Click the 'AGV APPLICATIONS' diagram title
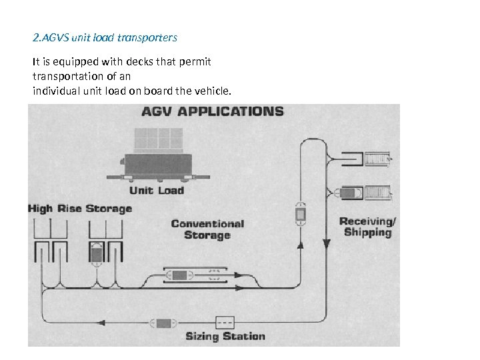point(212,112)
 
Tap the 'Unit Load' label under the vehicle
point(157,191)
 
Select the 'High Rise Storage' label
point(80,209)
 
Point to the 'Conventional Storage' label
point(207,229)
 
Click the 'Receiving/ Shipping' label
point(367,227)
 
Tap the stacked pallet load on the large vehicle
point(158,139)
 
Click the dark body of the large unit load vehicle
point(157,163)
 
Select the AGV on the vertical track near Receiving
point(301,214)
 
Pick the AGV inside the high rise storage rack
point(96,253)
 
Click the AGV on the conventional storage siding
point(180,275)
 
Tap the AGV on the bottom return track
point(163,323)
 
